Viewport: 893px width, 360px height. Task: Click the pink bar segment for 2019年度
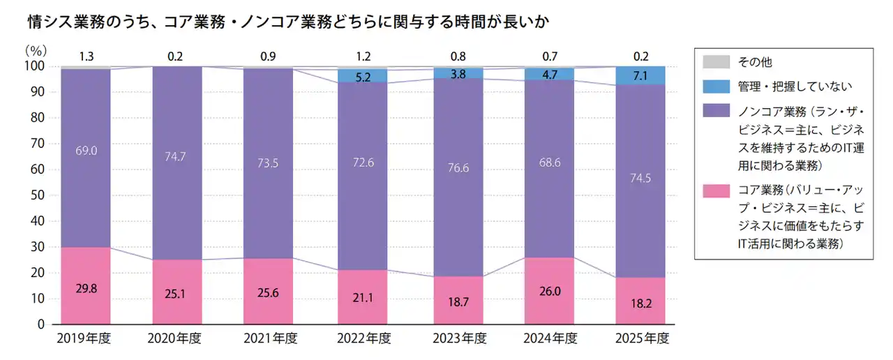click(x=85, y=285)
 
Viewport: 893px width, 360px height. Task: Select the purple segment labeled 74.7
click(x=177, y=163)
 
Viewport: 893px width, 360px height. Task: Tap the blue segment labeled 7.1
click(x=640, y=75)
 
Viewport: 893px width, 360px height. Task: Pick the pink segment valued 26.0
click(x=549, y=291)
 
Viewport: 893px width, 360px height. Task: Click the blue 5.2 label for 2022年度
click(x=363, y=77)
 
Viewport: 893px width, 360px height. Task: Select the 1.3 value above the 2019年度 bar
click(x=87, y=57)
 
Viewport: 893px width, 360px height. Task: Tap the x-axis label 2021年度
click(x=270, y=339)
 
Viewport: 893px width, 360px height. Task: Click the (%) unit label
click(x=36, y=50)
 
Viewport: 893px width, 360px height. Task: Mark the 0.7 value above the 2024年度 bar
click(x=549, y=57)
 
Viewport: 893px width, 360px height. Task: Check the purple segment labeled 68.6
click(x=549, y=163)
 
